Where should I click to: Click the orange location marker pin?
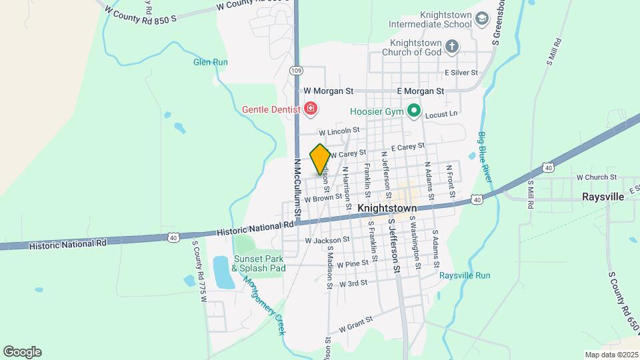tap(320, 159)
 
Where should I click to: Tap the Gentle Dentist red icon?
tap(310, 108)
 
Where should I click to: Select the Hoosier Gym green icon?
tap(413, 111)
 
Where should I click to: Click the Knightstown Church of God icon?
tap(453, 47)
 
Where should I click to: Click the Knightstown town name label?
tap(387, 208)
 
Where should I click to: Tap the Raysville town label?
tap(603, 197)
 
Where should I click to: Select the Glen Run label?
tap(211, 62)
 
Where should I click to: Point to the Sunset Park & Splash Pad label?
tap(259, 263)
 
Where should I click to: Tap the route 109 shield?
tap(297, 69)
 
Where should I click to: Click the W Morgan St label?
tap(329, 91)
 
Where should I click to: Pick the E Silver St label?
tap(461, 72)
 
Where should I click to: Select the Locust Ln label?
tap(441, 114)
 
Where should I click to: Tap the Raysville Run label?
tap(465, 275)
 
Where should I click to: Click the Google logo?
tap(22, 352)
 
